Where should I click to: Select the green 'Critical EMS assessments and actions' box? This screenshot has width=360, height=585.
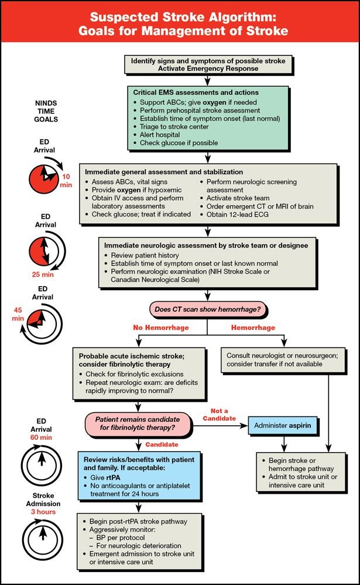pyautogui.click(x=207, y=118)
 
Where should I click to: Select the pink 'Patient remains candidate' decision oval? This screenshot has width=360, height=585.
pyautogui.click(x=139, y=425)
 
